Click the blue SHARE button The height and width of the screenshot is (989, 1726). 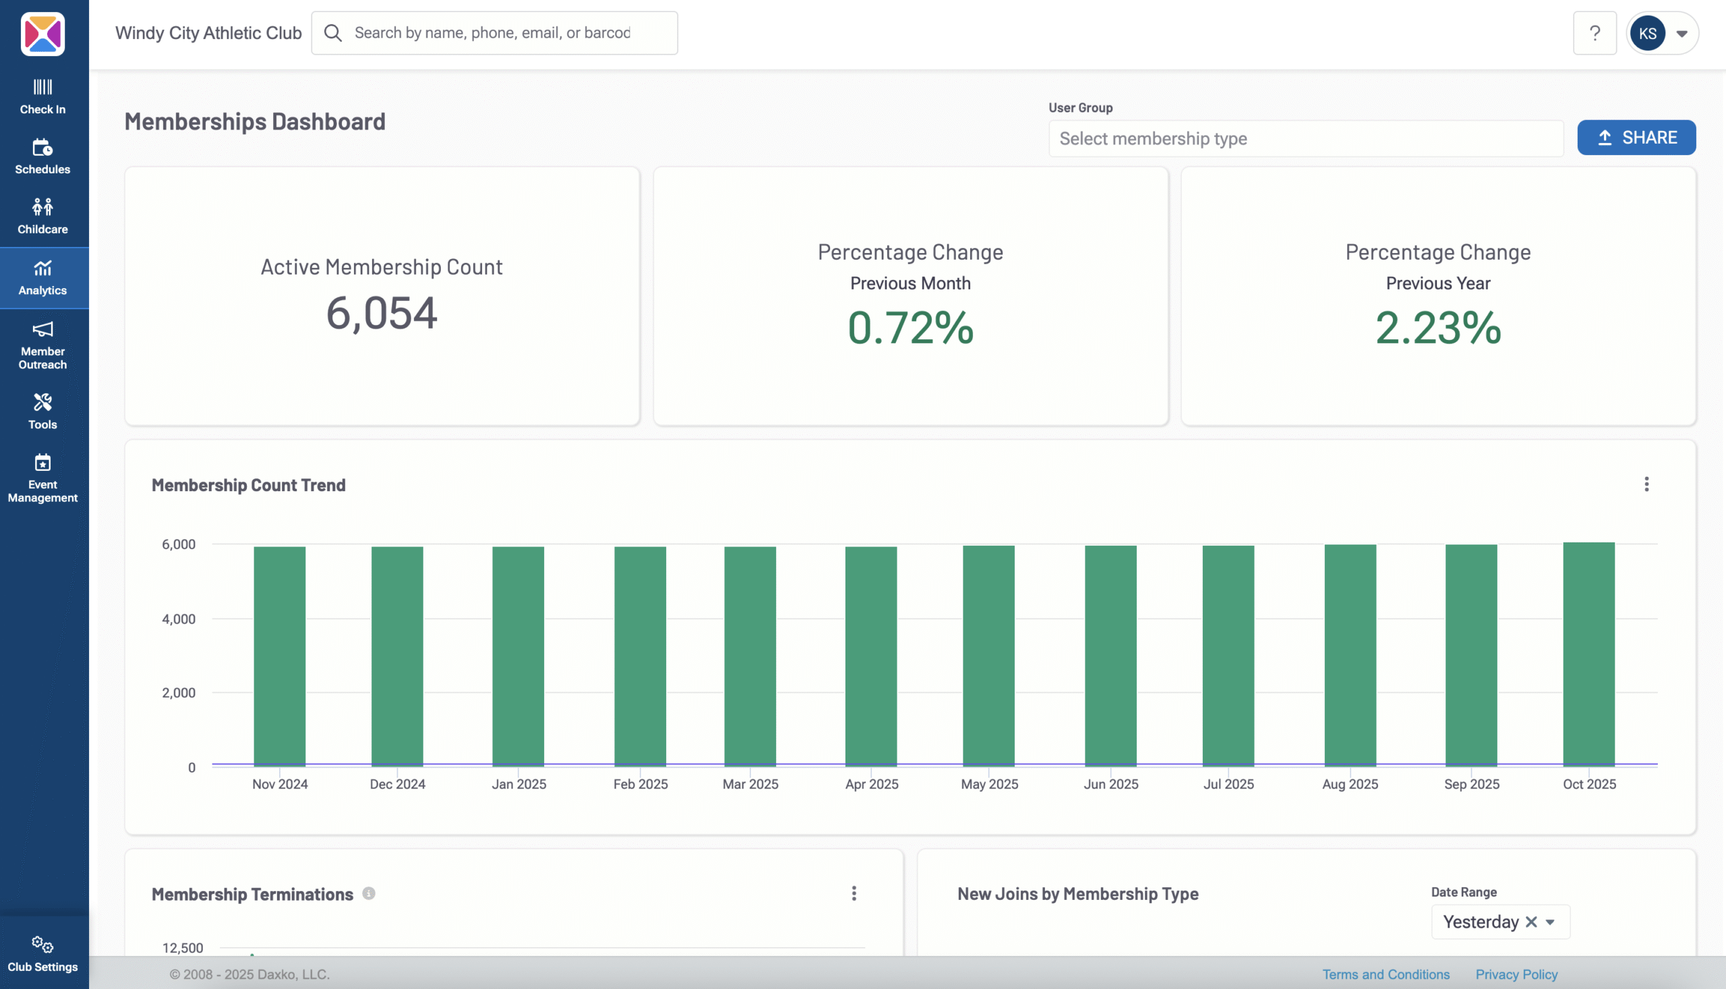(1636, 138)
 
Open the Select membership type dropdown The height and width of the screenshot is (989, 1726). (1305, 138)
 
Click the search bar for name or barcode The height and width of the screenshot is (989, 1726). (494, 32)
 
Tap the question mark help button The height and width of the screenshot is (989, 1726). (1595, 33)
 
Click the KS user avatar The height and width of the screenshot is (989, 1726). (1647, 33)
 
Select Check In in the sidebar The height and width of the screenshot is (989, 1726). (42, 96)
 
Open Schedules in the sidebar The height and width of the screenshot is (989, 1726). (42, 157)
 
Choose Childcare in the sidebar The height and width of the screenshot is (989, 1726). (42, 216)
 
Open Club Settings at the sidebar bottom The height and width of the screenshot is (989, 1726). (42, 954)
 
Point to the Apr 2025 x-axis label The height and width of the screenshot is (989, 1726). (872, 784)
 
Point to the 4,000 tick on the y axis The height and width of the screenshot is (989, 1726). (179, 619)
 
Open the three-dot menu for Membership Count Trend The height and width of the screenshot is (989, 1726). (1646, 484)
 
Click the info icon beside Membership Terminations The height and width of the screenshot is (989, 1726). (369, 894)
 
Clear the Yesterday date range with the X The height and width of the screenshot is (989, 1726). (1531, 922)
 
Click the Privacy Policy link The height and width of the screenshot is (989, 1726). (1516, 974)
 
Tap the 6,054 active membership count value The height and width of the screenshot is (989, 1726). (382, 313)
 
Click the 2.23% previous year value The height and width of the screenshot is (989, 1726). (1437, 328)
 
